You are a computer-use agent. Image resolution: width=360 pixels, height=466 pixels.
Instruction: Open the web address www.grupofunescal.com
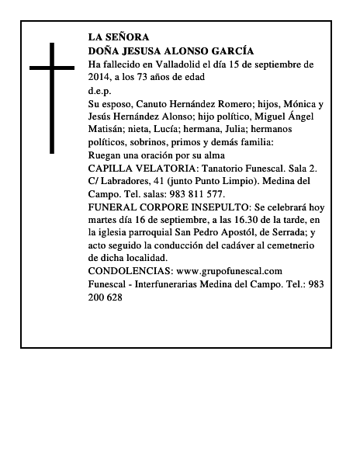230,270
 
